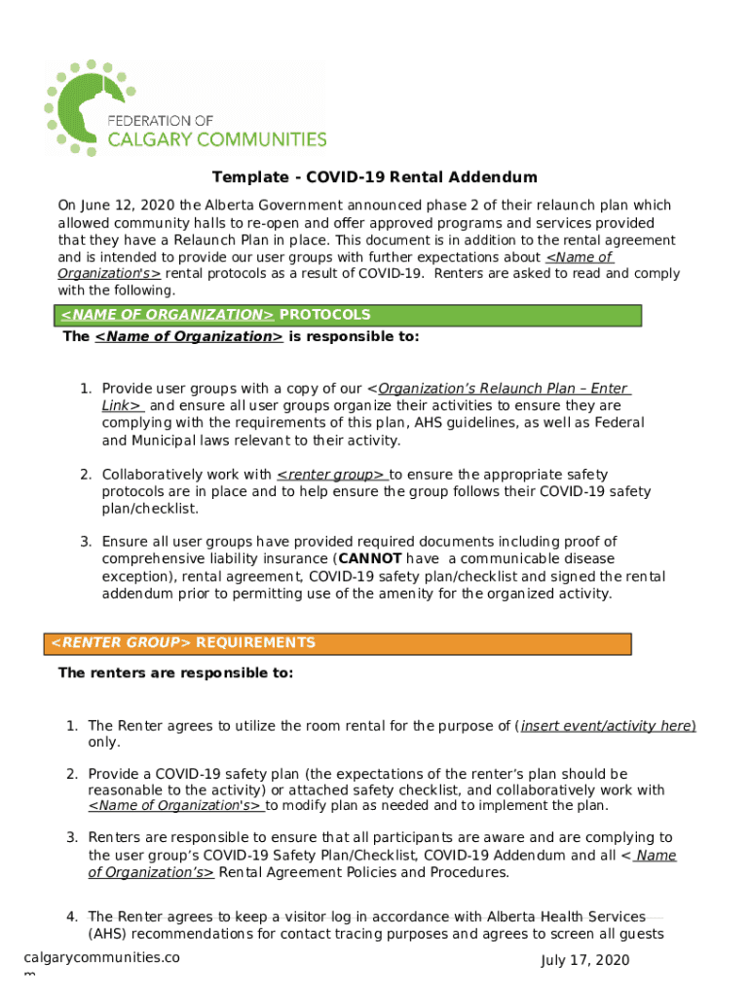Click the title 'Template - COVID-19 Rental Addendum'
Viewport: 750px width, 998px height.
375,177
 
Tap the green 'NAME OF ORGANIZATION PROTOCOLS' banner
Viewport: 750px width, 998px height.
348,315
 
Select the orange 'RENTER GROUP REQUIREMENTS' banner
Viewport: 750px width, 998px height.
337,643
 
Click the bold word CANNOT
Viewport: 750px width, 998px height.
369,558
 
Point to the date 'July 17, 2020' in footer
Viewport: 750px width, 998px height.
585,961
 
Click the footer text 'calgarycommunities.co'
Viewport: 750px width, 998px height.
101,957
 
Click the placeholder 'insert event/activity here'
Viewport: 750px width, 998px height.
607,726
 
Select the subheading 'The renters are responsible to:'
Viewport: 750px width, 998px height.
175,672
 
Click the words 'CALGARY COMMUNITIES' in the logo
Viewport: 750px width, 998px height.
216,139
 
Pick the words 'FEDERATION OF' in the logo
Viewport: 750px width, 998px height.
159,119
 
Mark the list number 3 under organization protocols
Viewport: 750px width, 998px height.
86,541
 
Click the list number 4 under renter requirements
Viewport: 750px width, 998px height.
72,916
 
